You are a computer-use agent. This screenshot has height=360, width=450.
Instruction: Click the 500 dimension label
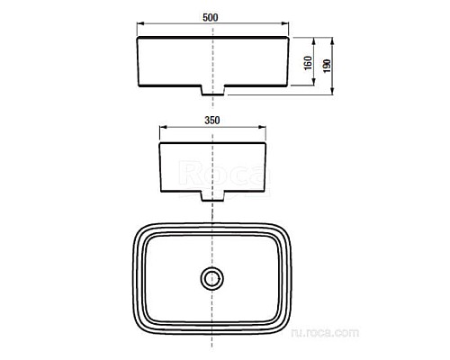212,15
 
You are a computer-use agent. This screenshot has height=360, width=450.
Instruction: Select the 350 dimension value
212,118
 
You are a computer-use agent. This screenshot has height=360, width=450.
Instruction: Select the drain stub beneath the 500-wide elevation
213,90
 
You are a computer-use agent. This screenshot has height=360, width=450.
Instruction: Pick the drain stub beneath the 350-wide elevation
213,194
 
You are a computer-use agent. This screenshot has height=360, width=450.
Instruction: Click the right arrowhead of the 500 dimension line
287,26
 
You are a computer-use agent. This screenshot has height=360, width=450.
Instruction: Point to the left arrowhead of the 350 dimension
162,128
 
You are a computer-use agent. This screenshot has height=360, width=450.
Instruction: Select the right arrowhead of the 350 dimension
265,128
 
